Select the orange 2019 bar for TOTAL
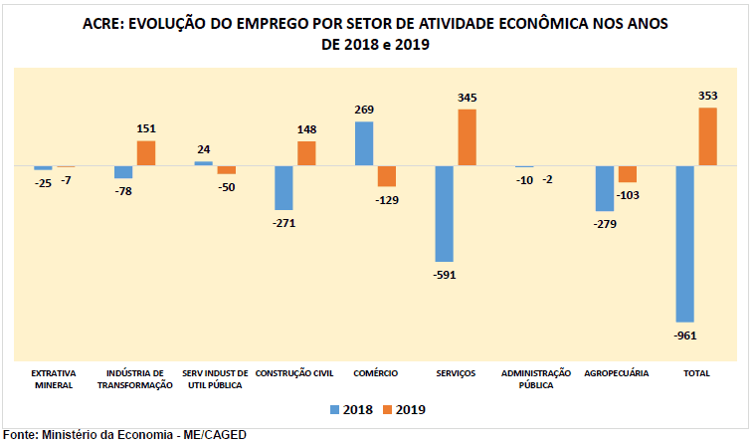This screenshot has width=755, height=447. (x=707, y=136)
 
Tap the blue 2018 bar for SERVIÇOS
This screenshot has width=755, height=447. (x=445, y=213)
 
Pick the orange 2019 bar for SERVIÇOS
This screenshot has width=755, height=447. (x=467, y=137)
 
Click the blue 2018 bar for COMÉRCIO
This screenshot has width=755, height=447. (x=364, y=143)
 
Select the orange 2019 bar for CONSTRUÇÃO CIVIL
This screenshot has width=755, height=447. (x=306, y=153)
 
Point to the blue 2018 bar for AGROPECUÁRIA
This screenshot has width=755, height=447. (x=605, y=188)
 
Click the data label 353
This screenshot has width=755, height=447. (x=708, y=96)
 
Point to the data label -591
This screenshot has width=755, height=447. (x=444, y=276)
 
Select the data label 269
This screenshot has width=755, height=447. (x=364, y=110)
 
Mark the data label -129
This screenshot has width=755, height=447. (x=387, y=200)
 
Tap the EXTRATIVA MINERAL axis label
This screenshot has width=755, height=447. (x=54, y=378)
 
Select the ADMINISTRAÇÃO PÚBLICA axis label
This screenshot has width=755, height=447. (x=536, y=378)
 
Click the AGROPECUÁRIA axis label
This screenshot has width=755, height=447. (x=617, y=372)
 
